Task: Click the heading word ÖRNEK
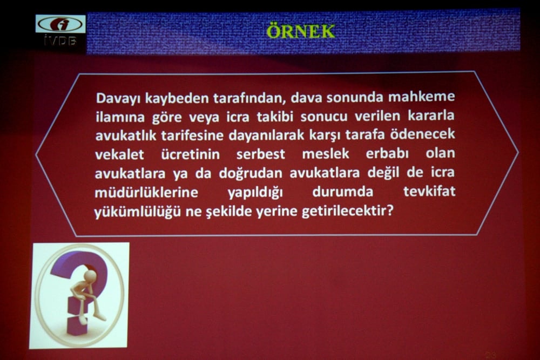pyautogui.click(x=300, y=31)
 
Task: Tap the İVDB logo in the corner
pyautogui.click(x=60, y=30)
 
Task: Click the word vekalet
pyautogui.click(x=119, y=155)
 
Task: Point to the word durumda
pyautogui.click(x=342, y=192)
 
